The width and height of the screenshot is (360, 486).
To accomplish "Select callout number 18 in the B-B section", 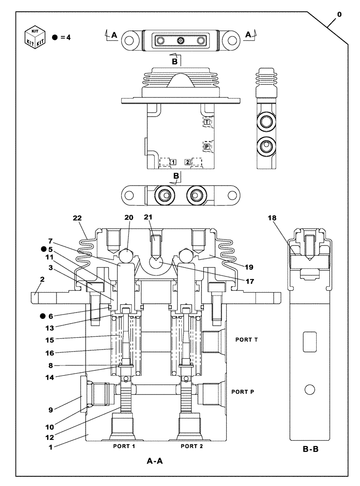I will (272, 218).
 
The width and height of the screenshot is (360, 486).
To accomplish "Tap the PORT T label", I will (246, 340).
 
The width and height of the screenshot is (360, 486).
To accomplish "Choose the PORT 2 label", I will (192, 446).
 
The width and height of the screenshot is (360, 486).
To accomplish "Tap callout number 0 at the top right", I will (339, 15).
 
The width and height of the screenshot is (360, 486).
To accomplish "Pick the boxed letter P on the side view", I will (207, 146).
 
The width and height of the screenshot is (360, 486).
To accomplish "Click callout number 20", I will (129, 218).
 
